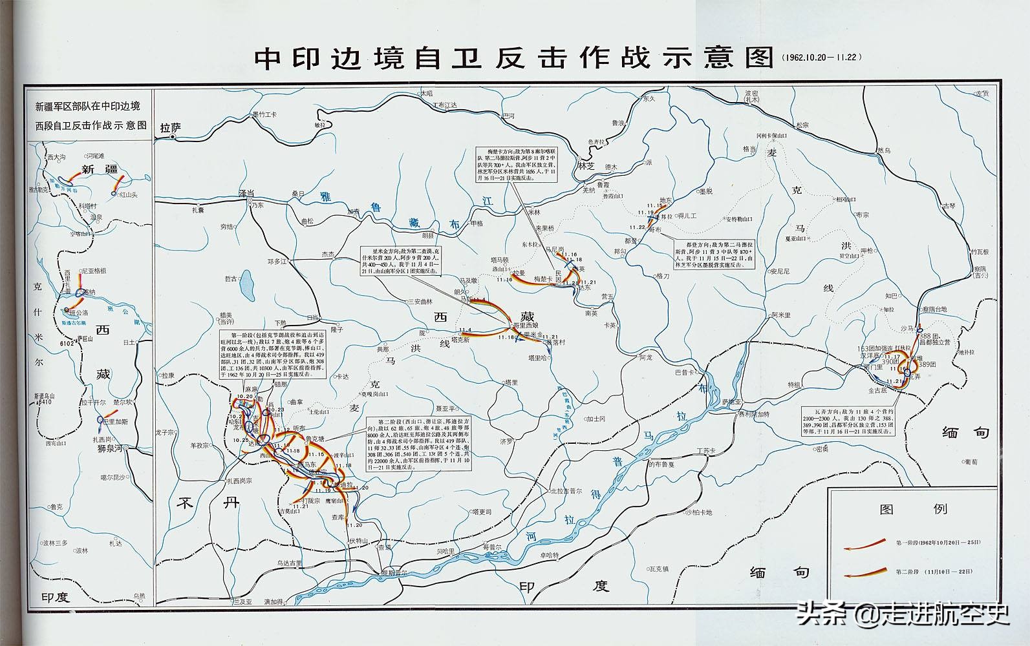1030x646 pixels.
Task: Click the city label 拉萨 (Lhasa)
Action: (x=171, y=128)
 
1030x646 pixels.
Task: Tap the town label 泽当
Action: (x=247, y=193)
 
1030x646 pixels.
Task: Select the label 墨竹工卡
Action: (x=264, y=114)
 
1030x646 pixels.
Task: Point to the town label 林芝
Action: (x=586, y=165)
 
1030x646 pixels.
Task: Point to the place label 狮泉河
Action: (x=110, y=448)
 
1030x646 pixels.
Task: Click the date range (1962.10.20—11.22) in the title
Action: (x=821, y=57)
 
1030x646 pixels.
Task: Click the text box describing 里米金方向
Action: (x=401, y=261)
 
